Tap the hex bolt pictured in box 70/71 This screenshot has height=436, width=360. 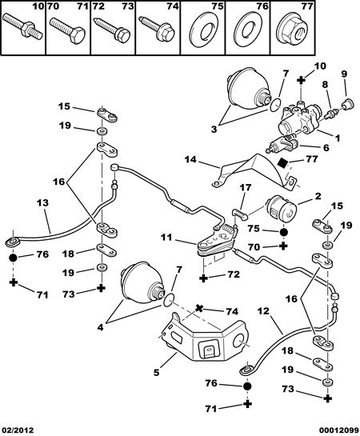(67, 30)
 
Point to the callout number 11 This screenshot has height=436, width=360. (166, 237)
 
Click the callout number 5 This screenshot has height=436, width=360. (157, 372)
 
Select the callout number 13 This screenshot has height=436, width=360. (42, 202)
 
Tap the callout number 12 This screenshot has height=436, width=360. (263, 310)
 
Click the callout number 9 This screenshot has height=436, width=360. (344, 74)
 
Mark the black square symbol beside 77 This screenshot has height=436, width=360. (282, 162)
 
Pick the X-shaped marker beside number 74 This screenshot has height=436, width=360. (198, 308)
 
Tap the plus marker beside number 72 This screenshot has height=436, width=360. (204, 278)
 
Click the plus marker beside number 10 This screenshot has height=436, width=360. (301, 80)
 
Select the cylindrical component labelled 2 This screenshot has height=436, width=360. (281, 210)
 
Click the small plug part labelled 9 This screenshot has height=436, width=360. (347, 104)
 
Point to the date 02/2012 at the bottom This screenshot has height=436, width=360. (17, 430)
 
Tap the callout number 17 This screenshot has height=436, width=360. (245, 187)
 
